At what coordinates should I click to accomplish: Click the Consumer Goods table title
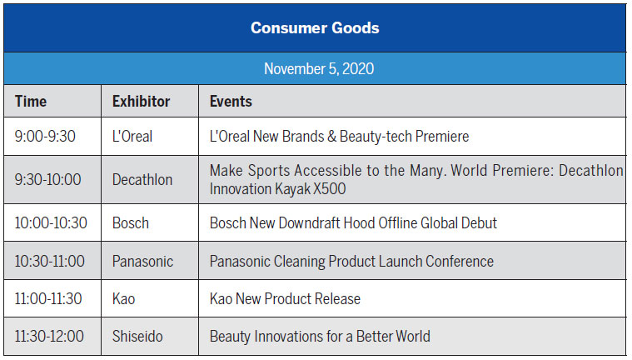[315, 27]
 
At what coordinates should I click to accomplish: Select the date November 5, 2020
[318, 68]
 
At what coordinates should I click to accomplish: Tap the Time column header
[31, 102]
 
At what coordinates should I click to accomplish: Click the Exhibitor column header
[141, 102]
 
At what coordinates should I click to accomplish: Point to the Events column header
[231, 102]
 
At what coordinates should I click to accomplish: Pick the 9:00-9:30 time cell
[45, 136]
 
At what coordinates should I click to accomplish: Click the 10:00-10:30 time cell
[52, 222]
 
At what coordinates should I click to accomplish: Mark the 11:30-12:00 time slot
[49, 337]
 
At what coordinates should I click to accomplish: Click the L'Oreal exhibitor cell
[132, 136]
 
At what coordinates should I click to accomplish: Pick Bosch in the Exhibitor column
[131, 222]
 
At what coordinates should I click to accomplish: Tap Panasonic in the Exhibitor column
[142, 261]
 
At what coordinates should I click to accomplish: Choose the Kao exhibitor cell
[123, 298]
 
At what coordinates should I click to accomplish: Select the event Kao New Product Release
[285, 298]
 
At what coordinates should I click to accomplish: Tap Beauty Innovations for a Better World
[320, 337]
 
